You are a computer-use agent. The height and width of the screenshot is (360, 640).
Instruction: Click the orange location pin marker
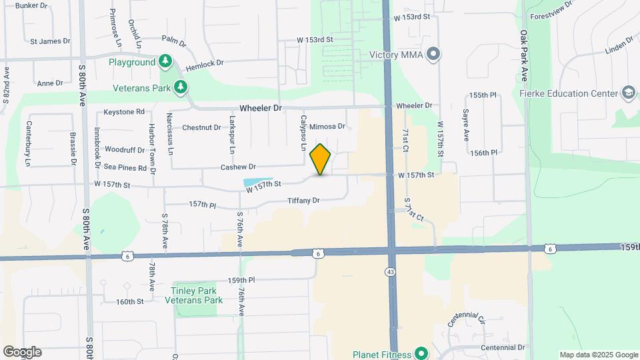click(321, 159)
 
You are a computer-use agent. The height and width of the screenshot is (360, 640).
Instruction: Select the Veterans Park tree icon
click(179, 87)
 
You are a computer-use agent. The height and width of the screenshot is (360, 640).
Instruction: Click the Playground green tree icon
click(165, 62)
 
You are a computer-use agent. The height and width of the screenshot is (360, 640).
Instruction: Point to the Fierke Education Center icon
click(627, 92)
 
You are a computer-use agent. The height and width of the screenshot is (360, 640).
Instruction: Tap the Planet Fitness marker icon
click(421, 353)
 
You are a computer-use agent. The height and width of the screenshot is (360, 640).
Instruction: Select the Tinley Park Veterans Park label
click(187, 295)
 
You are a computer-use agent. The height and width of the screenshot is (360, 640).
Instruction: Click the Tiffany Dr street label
click(304, 200)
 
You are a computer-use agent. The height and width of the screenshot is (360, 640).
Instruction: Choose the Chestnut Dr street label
click(201, 127)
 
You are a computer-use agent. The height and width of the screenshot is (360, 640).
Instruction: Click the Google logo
click(22, 352)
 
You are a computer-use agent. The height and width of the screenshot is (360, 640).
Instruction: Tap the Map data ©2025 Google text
click(598, 355)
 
